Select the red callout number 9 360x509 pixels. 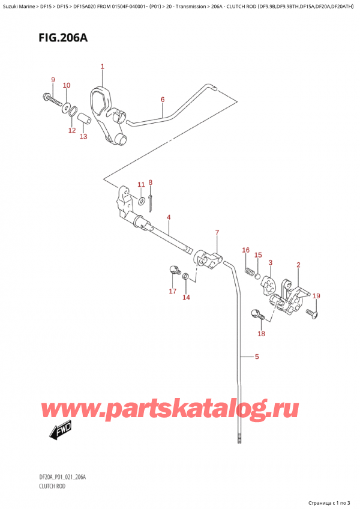pos(53,80)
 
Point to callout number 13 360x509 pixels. pos(83,136)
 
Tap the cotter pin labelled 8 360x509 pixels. pos(151,203)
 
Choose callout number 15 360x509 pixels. pos(257,255)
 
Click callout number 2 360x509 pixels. pos(298,265)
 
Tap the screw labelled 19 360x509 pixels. pos(311,313)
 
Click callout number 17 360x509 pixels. pos(173,292)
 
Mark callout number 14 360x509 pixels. pos(186,297)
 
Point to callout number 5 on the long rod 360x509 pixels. pos(257,358)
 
